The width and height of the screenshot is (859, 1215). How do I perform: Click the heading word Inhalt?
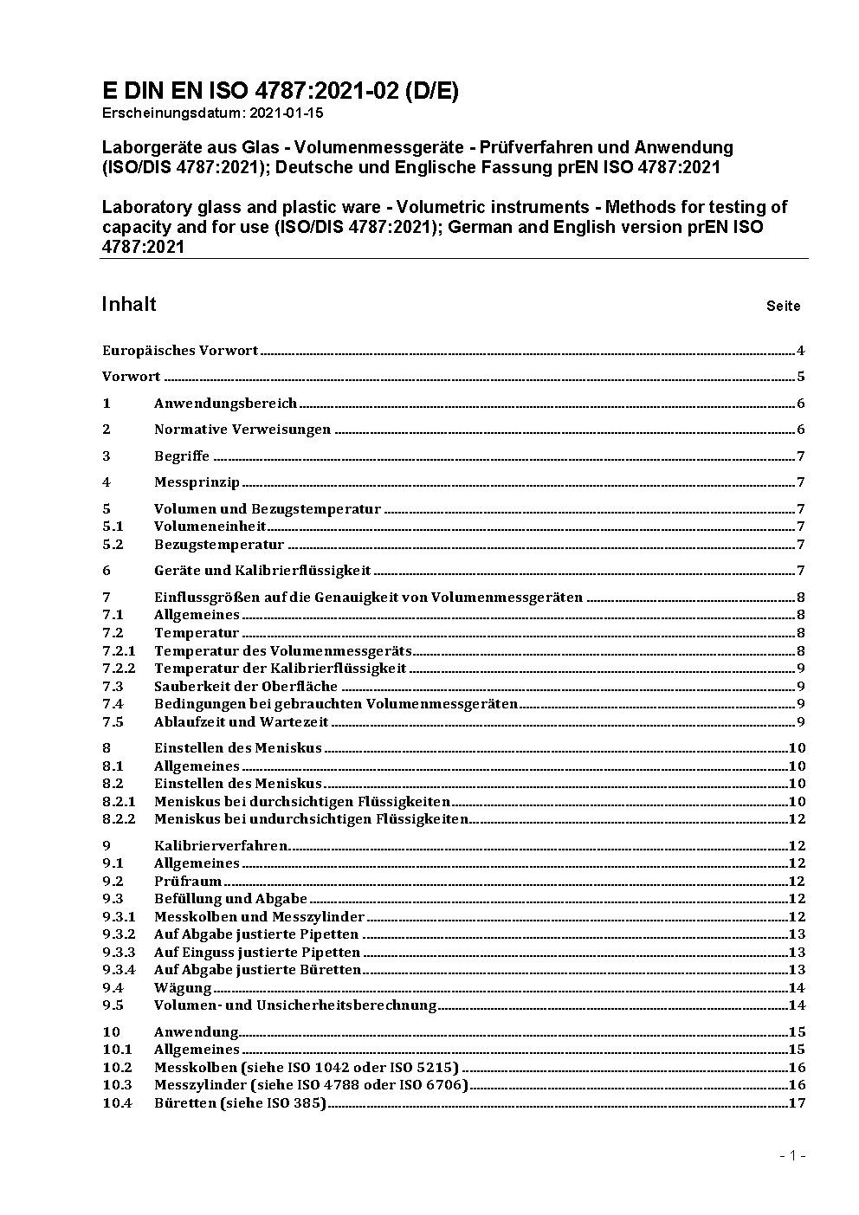pyautogui.click(x=129, y=304)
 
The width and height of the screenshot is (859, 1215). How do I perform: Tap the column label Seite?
pyautogui.click(x=783, y=306)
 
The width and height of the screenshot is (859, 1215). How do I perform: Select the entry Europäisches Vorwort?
pyautogui.click(x=180, y=351)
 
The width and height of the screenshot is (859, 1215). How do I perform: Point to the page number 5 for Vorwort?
pyautogui.click(x=801, y=377)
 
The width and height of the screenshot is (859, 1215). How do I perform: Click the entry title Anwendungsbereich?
pyautogui.click(x=225, y=404)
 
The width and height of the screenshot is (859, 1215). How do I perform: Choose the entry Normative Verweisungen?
pyautogui.click(x=242, y=430)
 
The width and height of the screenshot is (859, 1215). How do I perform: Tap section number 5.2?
pyautogui.click(x=113, y=545)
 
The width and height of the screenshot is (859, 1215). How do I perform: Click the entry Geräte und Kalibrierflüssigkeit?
pyautogui.click(x=262, y=570)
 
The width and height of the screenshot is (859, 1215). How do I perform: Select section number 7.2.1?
pyautogui.click(x=119, y=651)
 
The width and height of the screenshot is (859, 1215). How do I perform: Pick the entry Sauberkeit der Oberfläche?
pyautogui.click(x=246, y=687)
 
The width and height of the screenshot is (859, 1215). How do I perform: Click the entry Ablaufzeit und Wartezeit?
pyautogui.click(x=242, y=722)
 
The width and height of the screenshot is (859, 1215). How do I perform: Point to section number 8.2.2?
pyautogui.click(x=119, y=819)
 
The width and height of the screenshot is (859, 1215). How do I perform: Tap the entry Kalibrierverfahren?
pyautogui.click(x=221, y=846)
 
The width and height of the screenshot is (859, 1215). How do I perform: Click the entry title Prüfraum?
pyautogui.click(x=188, y=882)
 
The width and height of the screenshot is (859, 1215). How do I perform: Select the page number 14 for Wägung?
pyautogui.click(x=797, y=988)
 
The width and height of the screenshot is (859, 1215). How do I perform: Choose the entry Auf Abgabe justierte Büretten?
pyautogui.click(x=257, y=970)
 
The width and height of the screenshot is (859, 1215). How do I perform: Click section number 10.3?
pyautogui.click(x=117, y=1085)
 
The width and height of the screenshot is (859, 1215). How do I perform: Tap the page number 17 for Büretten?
pyautogui.click(x=797, y=1103)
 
